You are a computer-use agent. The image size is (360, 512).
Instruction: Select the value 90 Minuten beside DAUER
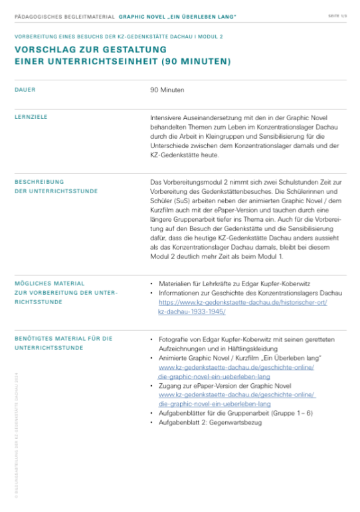click(167, 89)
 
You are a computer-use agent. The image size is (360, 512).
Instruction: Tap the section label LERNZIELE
click(31, 117)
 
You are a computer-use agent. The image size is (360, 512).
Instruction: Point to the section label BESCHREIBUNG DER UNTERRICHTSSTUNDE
click(56, 186)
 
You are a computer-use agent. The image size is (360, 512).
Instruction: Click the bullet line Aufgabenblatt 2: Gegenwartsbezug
click(200, 422)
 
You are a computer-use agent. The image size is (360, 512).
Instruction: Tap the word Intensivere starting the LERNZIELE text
click(167, 117)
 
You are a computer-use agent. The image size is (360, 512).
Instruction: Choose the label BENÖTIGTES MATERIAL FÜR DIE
click(63, 339)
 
